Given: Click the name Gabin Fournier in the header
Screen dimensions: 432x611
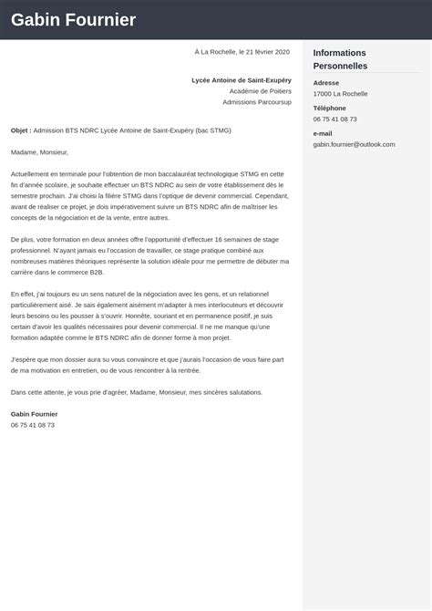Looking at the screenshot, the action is point(74,20).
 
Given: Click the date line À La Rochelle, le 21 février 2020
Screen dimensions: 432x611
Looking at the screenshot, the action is point(242,52).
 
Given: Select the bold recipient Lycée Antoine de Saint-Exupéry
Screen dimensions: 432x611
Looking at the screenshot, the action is point(241,80).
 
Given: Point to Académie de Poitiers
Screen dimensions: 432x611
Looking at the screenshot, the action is point(260,91).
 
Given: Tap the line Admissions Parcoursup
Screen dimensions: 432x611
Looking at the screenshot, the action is point(256,102).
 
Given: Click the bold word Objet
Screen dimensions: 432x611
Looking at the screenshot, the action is point(20,130).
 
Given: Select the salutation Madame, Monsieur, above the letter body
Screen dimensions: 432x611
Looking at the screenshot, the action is point(39,152).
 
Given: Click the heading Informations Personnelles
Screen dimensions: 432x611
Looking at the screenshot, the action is point(340,59).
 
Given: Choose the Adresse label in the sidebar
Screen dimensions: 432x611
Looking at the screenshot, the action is point(326,83).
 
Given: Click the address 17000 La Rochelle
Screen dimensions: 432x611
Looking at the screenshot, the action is point(341,94).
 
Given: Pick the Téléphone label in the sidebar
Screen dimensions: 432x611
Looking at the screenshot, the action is point(329,108).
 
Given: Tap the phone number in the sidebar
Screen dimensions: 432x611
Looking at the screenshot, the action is point(334,119).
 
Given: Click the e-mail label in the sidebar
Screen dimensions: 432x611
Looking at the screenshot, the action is point(323,133).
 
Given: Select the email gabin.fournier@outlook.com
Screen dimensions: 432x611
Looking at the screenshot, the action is point(354,144).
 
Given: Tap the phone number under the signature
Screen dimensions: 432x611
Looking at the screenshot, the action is point(33,425).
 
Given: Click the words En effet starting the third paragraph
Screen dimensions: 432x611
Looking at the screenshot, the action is point(24,294).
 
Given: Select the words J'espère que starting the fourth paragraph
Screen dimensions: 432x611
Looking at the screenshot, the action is point(30,359).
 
